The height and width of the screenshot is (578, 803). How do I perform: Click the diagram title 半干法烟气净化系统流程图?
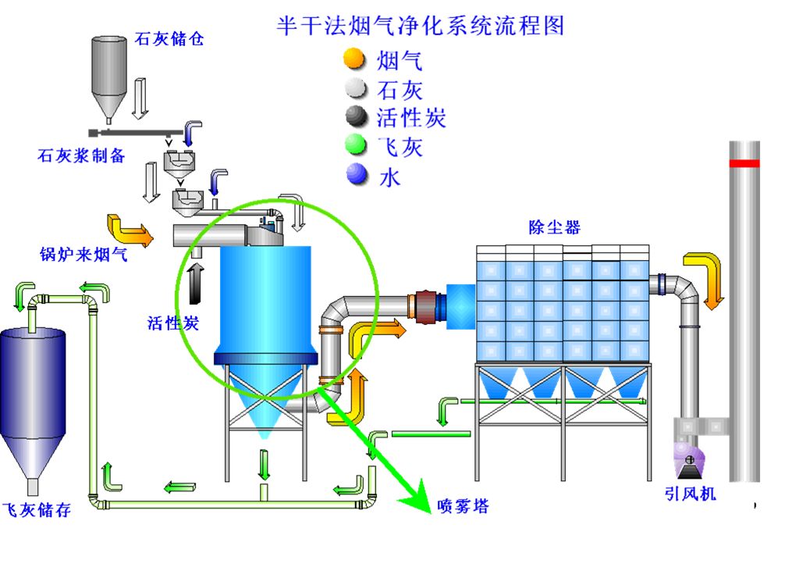tap(421, 26)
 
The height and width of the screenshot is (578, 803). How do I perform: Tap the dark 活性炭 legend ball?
tap(356, 117)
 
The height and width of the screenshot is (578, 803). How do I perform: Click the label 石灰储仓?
tap(169, 38)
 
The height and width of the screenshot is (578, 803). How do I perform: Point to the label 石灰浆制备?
tap(81, 155)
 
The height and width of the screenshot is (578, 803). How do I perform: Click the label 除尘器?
tap(554, 227)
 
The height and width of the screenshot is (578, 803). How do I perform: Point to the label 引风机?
tap(690, 494)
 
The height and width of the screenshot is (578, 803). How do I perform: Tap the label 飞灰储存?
tap(37, 510)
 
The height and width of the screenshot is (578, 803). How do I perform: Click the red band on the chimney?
tap(744, 163)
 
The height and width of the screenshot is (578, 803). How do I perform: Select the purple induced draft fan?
tap(689, 460)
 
